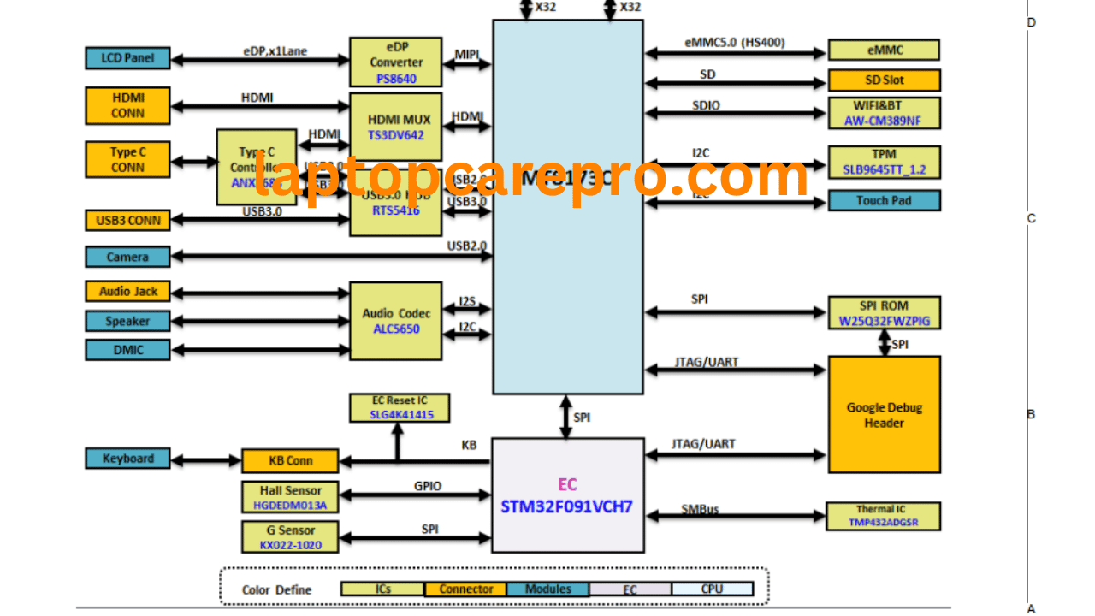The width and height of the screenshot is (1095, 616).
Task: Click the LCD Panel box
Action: coord(128,58)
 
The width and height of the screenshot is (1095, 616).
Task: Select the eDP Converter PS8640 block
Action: coord(396,62)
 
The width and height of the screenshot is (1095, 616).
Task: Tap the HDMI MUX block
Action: coord(396,127)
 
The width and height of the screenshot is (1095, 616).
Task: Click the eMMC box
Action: coord(884,50)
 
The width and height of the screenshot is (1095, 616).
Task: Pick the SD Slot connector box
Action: coord(884,80)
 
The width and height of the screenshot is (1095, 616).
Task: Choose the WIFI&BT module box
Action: coord(884,113)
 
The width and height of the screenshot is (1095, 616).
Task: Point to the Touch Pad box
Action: coord(884,201)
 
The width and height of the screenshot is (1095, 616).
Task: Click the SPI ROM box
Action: coord(884,313)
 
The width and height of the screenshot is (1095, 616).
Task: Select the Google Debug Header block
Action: coord(884,415)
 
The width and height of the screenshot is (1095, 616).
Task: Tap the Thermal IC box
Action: coord(883,516)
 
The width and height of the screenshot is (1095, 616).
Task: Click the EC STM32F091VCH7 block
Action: coord(567,495)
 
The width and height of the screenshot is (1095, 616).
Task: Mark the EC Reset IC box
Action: coord(400,407)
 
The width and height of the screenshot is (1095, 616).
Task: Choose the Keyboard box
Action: coord(128,459)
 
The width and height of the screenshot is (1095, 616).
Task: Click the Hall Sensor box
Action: coord(291,497)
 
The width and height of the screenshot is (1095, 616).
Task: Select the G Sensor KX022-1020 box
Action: coord(291,537)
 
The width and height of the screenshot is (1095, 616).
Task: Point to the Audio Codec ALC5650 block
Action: coord(396,321)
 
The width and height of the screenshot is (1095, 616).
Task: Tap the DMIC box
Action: coord(128,350)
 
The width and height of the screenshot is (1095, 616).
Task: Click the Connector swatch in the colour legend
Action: coord(465,589)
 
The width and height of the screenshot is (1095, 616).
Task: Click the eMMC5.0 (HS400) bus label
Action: coord(735,42)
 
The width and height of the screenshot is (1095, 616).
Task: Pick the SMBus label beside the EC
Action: coord(700,509)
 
